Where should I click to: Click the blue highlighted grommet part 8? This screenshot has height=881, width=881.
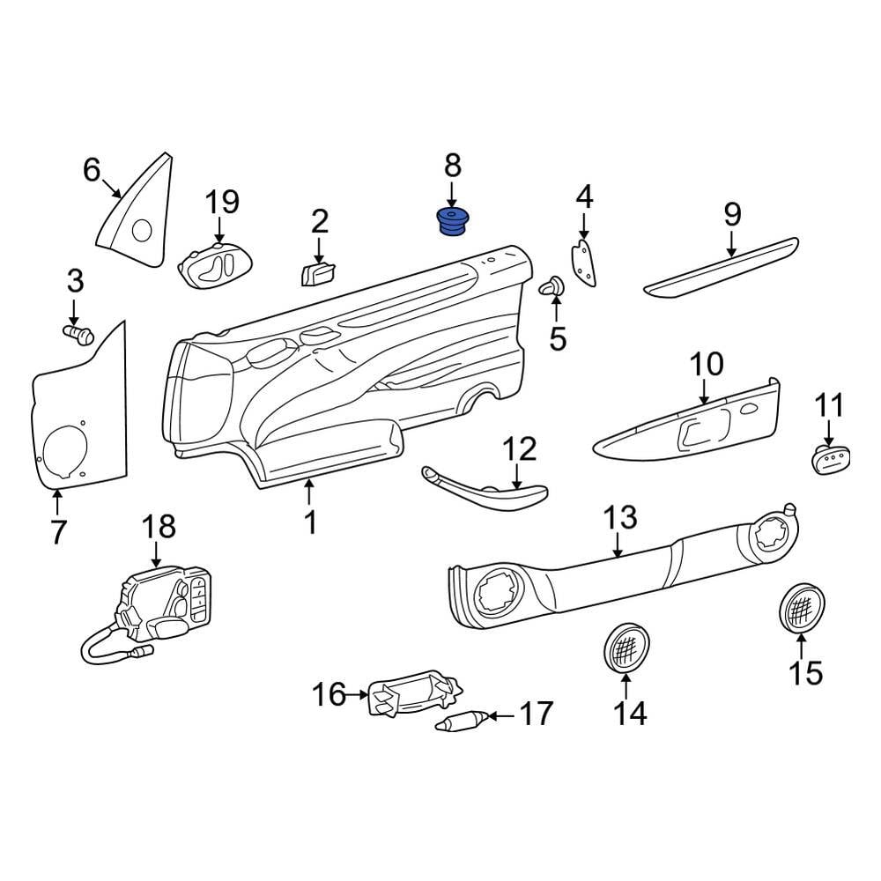pyautogui.click(x=454, y=222)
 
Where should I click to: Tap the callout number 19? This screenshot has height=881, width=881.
pyautogui.click(x=222, y=202)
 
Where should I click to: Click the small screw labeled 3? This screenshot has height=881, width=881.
pyautogui.click(x=79, y=334)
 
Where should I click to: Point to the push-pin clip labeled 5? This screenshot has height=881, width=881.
pyautogui.click(x=553, y=286)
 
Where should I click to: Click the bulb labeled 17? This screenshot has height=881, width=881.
pyautogui.click(x=461, y=724)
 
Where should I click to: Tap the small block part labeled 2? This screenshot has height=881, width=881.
pyautogui.click(x=316, y=273)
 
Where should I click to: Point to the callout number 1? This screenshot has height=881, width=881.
pyautogui.click(x=309, y=522)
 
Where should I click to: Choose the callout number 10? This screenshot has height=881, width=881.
pyautogui.click(x=706, y=365)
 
